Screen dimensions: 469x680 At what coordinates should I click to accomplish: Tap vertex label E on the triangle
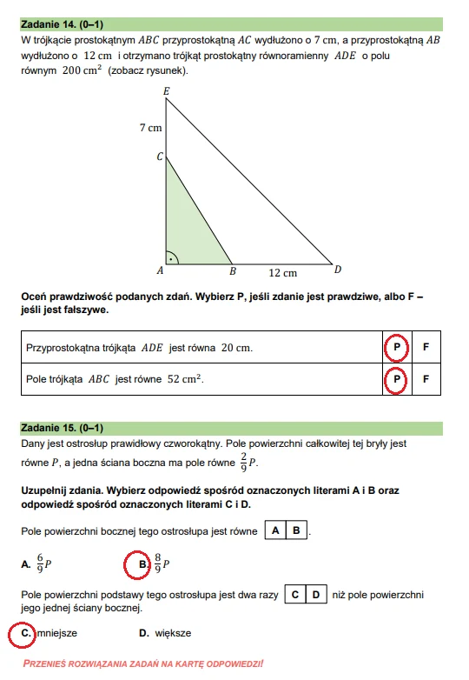coord(166,90)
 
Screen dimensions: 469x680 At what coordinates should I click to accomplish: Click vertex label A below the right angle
coord(160,270)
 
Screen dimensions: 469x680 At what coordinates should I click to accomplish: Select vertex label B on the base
coord(232,270)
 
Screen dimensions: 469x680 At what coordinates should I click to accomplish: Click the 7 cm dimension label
coord(150,128)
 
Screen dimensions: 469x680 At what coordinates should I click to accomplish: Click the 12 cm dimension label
coord(282,273)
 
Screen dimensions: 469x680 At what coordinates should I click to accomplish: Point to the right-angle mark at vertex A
coord(173,257)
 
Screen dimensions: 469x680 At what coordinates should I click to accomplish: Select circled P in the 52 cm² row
coord(396,379)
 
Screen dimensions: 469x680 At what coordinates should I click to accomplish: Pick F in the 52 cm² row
coord(426,379)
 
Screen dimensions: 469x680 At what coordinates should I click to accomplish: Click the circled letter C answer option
coord(23,633)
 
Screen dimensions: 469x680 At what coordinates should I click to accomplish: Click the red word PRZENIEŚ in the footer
coord(55,663)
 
